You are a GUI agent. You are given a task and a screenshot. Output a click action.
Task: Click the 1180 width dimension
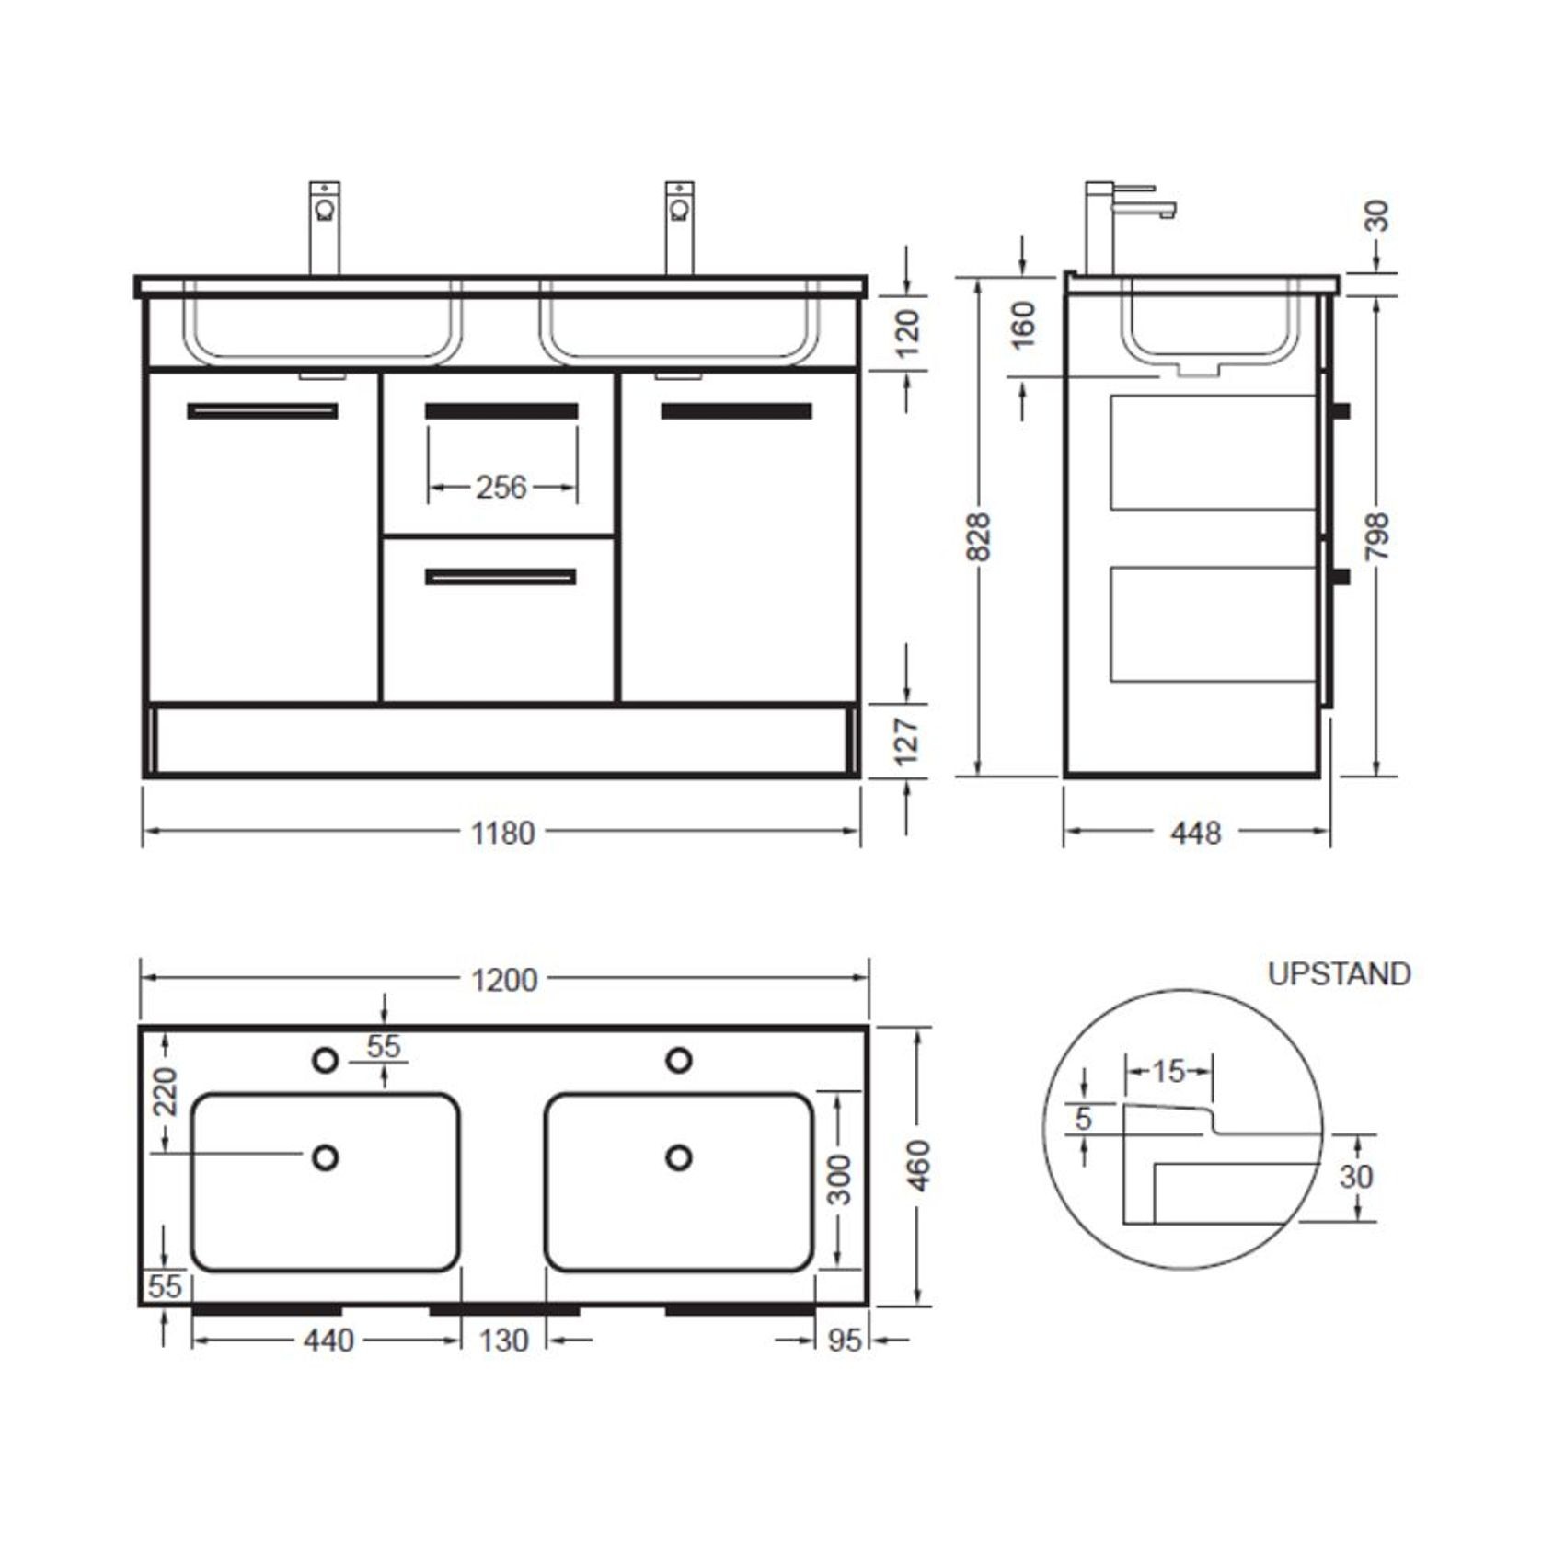click(502, 833)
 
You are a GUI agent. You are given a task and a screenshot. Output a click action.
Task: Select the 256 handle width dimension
click(501, 487)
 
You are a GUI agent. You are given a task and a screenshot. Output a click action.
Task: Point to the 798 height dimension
click(1377, 536)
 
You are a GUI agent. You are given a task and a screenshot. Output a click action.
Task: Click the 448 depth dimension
click(1195, 833)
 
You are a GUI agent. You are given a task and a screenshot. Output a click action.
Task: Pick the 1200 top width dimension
click(504, 980)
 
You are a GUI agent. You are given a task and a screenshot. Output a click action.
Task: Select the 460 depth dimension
click(919, 1165)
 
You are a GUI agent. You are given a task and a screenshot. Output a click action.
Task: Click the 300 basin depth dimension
click(839, 1180)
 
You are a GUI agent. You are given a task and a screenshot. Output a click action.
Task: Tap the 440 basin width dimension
click(328, 1341)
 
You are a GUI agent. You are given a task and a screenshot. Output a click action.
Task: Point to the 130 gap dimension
click(503, 1341)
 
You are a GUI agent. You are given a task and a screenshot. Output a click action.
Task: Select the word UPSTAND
click(1339, 974)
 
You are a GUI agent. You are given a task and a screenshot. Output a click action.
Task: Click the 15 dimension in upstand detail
click(1168, 1071)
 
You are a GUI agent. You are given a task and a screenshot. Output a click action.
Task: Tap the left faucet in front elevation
click(324, 225)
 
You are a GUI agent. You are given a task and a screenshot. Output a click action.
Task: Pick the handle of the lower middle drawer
click(501, 577)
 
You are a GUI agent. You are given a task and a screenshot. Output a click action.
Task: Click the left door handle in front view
click(262, 411)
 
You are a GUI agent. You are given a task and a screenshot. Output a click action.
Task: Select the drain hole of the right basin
click(679, 1156)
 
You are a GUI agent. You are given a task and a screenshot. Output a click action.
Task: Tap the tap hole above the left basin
click(325, 1060)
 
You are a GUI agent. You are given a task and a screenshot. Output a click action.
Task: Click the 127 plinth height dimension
click(907, 742)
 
